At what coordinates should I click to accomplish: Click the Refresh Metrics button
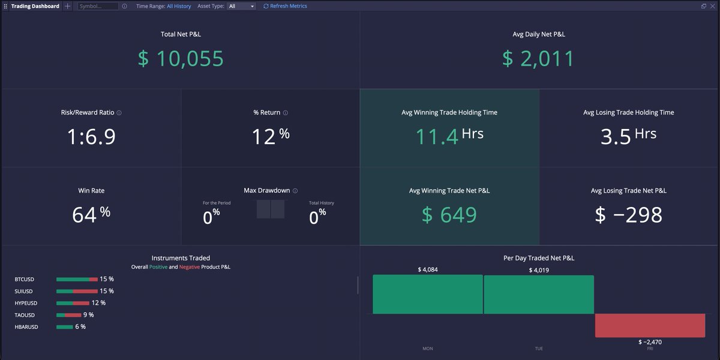[x=285, y=6]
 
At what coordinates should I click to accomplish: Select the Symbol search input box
[x=98, y=6]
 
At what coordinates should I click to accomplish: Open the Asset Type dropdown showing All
[x=241, y=6]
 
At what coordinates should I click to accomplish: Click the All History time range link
[x=179, y=6]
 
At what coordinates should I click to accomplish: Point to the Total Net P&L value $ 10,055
[x=181, y=59]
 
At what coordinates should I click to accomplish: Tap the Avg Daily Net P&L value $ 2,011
[x=538, y=59]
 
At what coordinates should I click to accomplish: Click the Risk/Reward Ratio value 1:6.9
[x=91, y=137]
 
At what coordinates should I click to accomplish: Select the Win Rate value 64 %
[x=91, y=214]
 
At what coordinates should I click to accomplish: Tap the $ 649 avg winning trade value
[x=449, y=214]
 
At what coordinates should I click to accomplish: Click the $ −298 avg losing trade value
[x=628, y=214]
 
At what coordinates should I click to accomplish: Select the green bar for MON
[x=427, y=294]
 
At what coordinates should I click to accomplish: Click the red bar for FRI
[x=650, y=325]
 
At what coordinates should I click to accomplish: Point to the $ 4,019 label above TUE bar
[x=539, y=270]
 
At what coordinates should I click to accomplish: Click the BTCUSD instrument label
[x=25, y=279]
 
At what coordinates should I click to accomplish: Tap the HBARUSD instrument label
[x=26, y=327]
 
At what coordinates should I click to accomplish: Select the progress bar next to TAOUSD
[x=68, y=315]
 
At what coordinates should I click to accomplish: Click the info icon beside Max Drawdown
[x=295, y=191]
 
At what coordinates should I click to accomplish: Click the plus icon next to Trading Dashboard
[x=68, y=6]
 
